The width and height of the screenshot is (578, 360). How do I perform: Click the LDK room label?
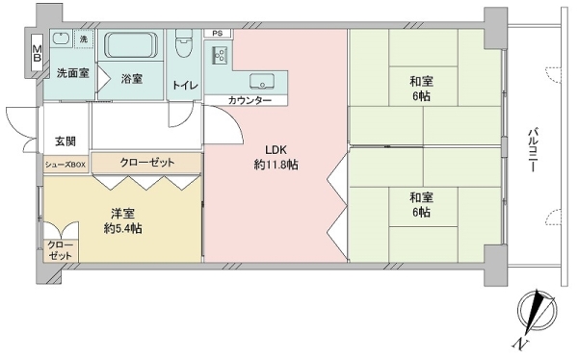click(x=276, y=149)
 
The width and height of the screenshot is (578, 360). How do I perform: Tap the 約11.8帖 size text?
click(x=276, y=165)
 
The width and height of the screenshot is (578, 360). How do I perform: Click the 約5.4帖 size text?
click(x=124, y=229)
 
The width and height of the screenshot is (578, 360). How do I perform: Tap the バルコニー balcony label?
click(x=532, y=149)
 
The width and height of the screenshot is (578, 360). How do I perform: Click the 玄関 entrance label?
click(x=66, y=141)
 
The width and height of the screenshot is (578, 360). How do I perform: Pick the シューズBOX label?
click(x=66, y=165)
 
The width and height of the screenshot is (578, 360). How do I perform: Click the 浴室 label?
click(x=132, y=80)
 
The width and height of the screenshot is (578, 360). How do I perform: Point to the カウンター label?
click(x=250, y=101)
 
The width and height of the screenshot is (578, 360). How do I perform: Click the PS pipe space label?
click(x=217, y=34)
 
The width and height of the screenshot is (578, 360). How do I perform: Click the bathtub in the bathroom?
click(x=133, y=46)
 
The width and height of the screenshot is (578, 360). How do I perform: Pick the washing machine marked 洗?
click(x=84, y=39)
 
